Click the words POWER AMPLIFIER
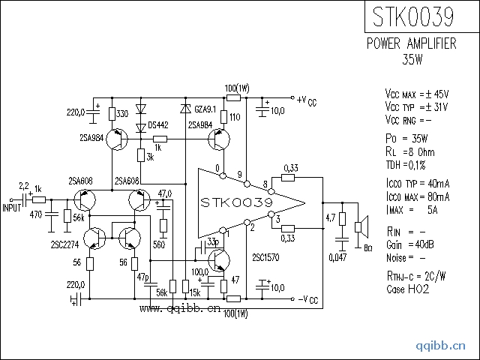pos(411,43)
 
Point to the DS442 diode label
pos(157,124)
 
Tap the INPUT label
pos(13,208)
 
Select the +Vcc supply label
pos(307,100)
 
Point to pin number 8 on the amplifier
pos(264,184)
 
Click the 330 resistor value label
pos(123,113)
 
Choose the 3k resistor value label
pos(150,157)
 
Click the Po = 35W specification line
pos(406,139)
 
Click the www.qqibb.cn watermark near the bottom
pos(179,307)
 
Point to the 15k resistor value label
pos(194,291)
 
